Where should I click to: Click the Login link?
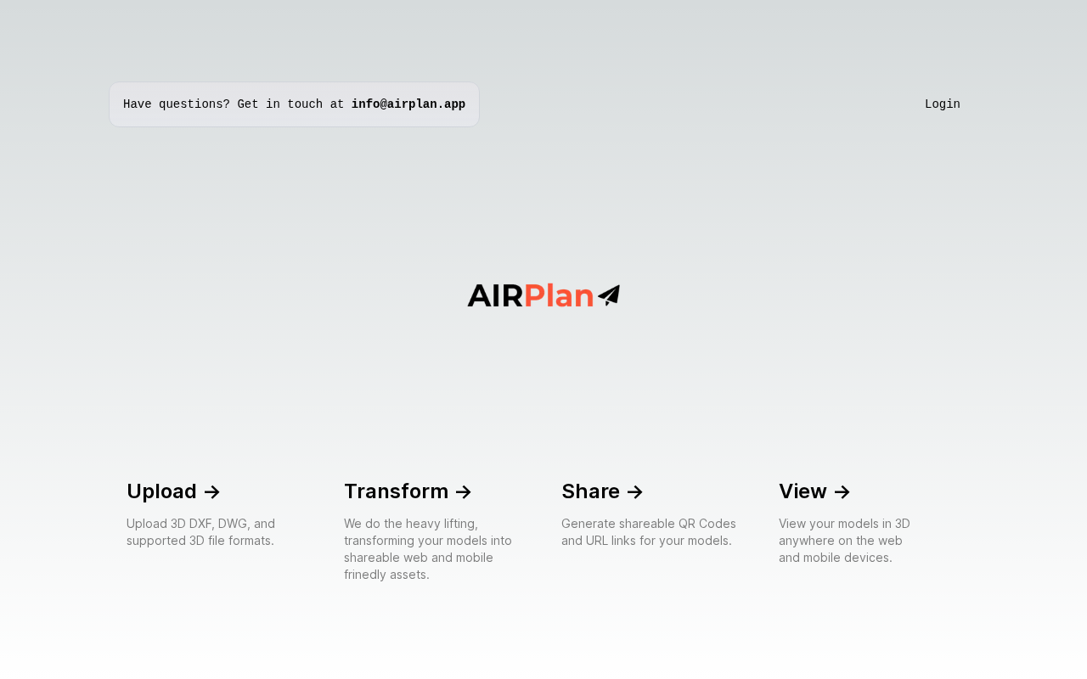[x=942, y=104]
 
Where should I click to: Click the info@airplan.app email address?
[x=408, y=104]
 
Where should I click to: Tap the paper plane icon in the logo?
[x=609, y=295]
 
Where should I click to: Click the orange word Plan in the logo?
[x=559, y=296]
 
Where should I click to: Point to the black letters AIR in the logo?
[x=495, y=296]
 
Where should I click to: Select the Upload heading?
[x=161, y=491]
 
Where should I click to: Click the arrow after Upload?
[x=212, y=492]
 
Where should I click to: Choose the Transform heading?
[x=396, y=491]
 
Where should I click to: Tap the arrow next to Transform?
[x=464, y=492]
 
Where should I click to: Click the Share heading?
[x=590, y=491]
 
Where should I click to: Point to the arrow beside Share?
[x=634, y=492]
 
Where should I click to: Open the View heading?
[x=803, y=491]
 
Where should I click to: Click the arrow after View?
[x=842, y=492]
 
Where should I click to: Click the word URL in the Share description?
[x=596, y=541]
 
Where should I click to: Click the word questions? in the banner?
[x=194, y=104]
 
